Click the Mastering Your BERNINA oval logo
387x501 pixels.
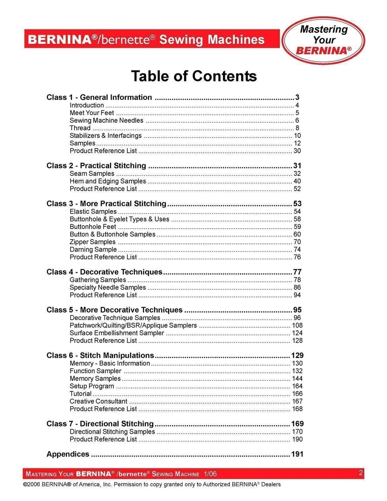324,40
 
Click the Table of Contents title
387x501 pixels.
193,76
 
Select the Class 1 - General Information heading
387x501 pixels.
99,97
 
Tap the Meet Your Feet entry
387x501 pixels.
91,113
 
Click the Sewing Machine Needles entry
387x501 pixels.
106,121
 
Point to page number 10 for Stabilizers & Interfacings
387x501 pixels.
297,136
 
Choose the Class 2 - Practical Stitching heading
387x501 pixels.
96,166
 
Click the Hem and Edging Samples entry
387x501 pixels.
107,181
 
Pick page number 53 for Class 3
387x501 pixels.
297,204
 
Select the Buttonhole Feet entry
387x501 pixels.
93,227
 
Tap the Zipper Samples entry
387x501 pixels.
92,242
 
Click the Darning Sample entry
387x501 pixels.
93,249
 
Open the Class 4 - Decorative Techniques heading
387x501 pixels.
104,272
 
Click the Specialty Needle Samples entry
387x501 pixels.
107,288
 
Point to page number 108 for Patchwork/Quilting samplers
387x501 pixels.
297,325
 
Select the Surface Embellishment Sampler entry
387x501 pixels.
117,333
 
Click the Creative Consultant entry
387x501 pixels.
98,401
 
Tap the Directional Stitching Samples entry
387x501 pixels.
112,431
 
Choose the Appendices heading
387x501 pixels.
68,454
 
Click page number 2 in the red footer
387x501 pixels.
361,473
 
